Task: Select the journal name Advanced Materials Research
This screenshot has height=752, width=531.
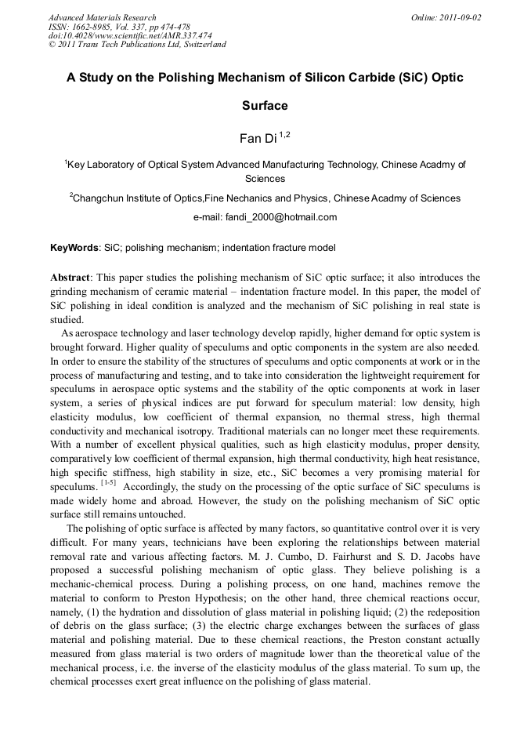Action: click(x=102, y=17)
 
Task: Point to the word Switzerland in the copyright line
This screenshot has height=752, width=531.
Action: click(x=200, y=45)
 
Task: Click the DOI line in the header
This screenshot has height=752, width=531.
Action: click(x=129, y=35)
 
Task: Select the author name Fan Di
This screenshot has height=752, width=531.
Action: click(x=252, y=139)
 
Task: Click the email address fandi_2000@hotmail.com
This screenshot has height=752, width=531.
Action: click(x=282, y=217)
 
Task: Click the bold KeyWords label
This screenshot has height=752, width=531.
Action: click(x=74, y=248)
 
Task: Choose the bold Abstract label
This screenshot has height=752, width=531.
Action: click(x=70, y=278)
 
